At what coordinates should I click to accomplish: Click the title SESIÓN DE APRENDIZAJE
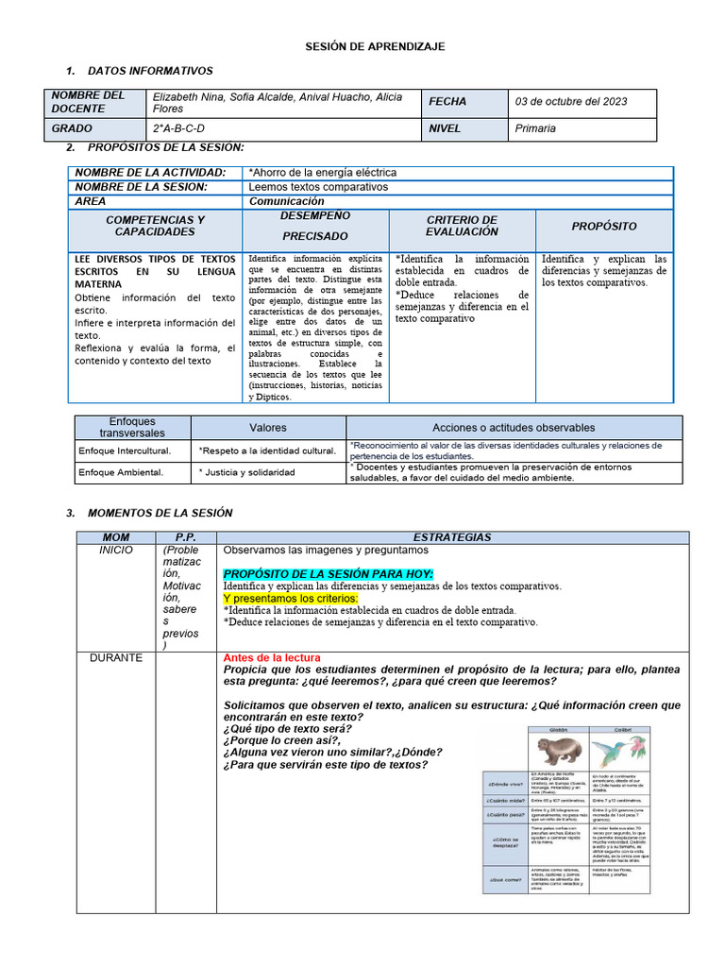pyautogui.click(x=374, y=46)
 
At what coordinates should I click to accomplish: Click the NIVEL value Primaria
pyautogui.click(x=535, y=128)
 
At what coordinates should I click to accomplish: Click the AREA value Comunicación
pyautogui.click(x=286, y=201)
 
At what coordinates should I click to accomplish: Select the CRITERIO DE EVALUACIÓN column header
pyautogui.click(x=462, y=226)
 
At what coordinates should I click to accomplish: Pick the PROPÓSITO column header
pyautogui.click(x=604, y=227)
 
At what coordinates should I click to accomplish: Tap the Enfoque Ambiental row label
pyautogui.click(x=121, y=472)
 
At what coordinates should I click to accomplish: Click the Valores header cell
pyautogui.click(x=268, y=428)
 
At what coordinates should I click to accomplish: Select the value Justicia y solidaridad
pyautogui.click(x=249, y=472)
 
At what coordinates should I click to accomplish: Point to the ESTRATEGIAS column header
pyautogui.click(x=452, y=537)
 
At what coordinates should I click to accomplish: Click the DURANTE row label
pyautogui.click(x=116, y=657)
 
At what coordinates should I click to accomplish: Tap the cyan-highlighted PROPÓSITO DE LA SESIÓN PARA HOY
pyautogui.click(x=329, y=573)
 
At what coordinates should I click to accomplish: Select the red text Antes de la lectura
pyautogui.click(x=272, y=657)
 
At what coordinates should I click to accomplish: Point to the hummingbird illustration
pyautogui.click(x=621, y=752)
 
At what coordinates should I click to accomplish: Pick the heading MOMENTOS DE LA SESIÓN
pyautogui.click(x=160, y=513)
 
